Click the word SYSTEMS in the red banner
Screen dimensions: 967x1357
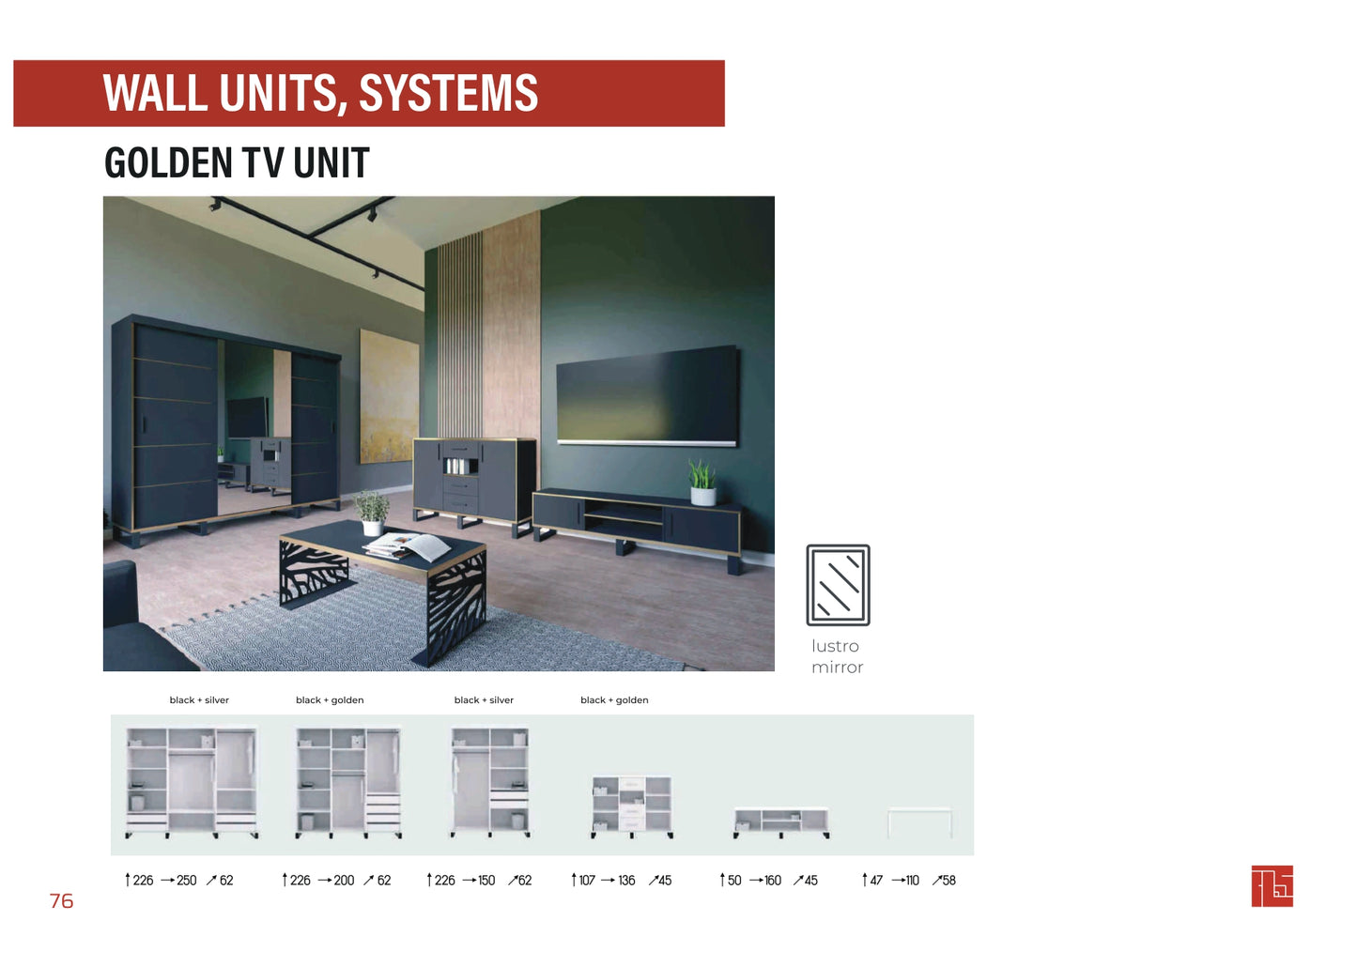(x=448, y=93)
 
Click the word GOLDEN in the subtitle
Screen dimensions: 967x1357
(x=168, y=163)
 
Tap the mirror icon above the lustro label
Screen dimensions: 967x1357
(x=838, y=585)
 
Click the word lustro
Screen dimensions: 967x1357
(x=835, y=646)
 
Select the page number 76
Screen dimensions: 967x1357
(x=61, y=901)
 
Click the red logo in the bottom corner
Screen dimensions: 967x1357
(x=1272, y=886)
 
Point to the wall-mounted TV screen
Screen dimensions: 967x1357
(x=647, y=394)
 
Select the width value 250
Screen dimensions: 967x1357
(x=187, y=881)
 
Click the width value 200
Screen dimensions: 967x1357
(x=344, y=881)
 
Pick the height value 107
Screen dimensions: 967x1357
(x=587, y=881)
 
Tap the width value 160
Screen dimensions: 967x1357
(x=773, y=881)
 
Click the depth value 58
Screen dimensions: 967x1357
(x=948, y=881)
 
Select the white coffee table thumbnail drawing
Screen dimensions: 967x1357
(x=919, y=822)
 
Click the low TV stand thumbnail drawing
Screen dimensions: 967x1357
(x=781, y=822)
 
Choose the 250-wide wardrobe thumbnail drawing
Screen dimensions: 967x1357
(x=192, y=783)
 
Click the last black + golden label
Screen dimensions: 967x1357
(x=614, y=700)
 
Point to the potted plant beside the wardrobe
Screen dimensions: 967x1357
(x=372, y=512)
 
